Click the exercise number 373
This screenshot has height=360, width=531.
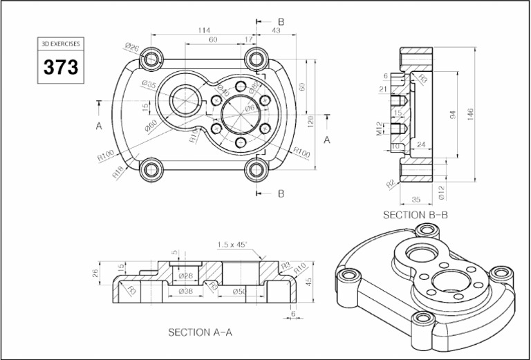point(61,68)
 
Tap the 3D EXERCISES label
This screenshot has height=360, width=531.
point(61,44)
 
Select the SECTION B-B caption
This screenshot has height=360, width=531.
point(416,215)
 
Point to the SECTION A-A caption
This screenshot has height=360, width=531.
point(201,332)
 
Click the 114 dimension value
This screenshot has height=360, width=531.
point(204,30)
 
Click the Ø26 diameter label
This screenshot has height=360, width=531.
point(132,47)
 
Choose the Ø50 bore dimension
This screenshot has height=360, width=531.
point(239,291)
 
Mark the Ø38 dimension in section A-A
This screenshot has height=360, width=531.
point(185,291)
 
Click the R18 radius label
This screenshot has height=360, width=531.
point(118,172)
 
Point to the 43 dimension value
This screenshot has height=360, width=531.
point(276,30)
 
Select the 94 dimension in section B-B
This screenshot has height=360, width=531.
point(453,115)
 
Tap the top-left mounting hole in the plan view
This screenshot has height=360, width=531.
point(151,59)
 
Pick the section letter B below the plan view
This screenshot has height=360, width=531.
point(281,194)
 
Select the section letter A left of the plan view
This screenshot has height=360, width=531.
point(99,126)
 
